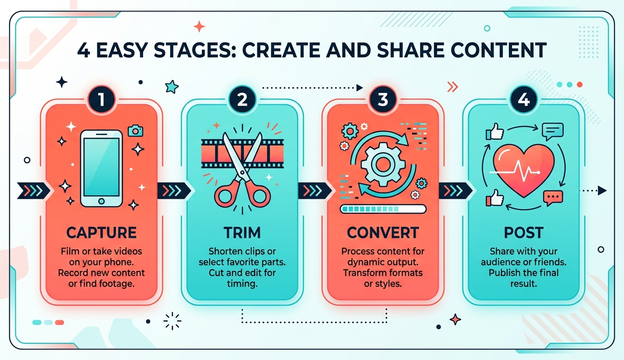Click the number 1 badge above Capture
pyautogui.click(x=101, y=99)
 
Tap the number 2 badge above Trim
pyautogui.click(x=242, y=99)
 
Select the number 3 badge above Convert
pyautogui.click(x=383, y=99)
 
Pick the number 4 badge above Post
pyautogui.click(x=524, y=99)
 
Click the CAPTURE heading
pyautogui.click(x=102, y=232)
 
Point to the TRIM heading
pyautogui.click(x=242, y=232)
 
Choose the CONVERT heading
pyautogui.click(x=383, y=232)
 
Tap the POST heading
pyautogui.click(x=524, y=232)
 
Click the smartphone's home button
pyautogui.click(x=101, y=201)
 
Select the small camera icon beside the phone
pyautogui.click(x=135, y=130)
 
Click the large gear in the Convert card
pyautogui.click(x=383, y=164)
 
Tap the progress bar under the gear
pyautogui.click(x=383, y=209)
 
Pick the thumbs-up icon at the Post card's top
pyautogui.click(x=495, y=131)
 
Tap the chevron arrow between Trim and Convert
pyautogui.click(x=315, y=191)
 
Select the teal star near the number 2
pyautogui.click(x=172, y=87)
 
